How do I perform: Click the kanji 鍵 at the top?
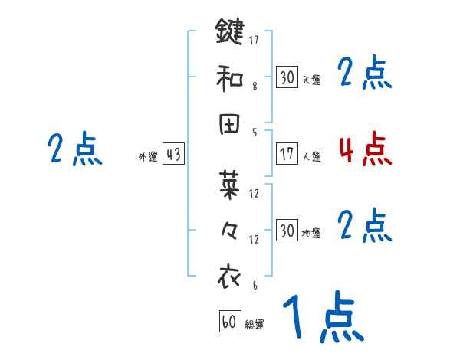[231, 33]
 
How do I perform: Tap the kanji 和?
[231, 79]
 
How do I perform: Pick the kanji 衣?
[231, 277]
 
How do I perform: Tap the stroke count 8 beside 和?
[254, 87]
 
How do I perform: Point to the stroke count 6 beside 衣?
[254, 285]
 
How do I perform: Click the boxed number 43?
[173, 155]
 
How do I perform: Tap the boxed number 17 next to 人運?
[287, 154]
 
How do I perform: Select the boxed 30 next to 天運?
[287, 77]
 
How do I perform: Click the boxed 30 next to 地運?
[287, 230]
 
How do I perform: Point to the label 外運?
[148, 157]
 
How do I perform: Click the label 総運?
[255, 325]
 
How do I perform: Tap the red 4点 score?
[365, 149]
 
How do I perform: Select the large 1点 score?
[322, 318]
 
